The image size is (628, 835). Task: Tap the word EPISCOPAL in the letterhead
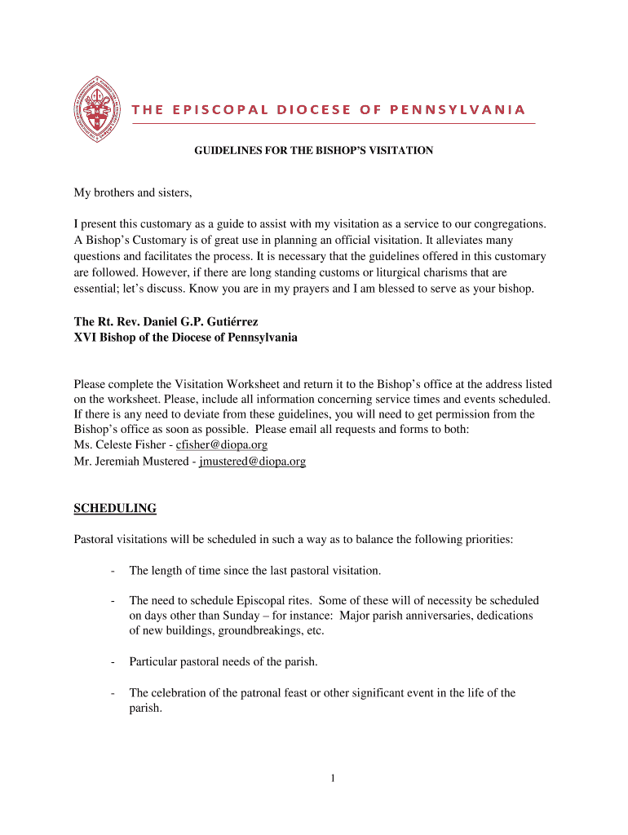tap(208, 109)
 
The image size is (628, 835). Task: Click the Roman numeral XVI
tap(85, 338)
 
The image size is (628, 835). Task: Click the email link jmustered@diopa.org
tap(253, 462)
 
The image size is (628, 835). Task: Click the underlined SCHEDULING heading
tap(115, 509)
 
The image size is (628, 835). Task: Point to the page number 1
tap(333, 779)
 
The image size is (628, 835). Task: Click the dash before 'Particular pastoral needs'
tap(111, 662)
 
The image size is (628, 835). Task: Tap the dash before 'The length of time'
tap(111, 570)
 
